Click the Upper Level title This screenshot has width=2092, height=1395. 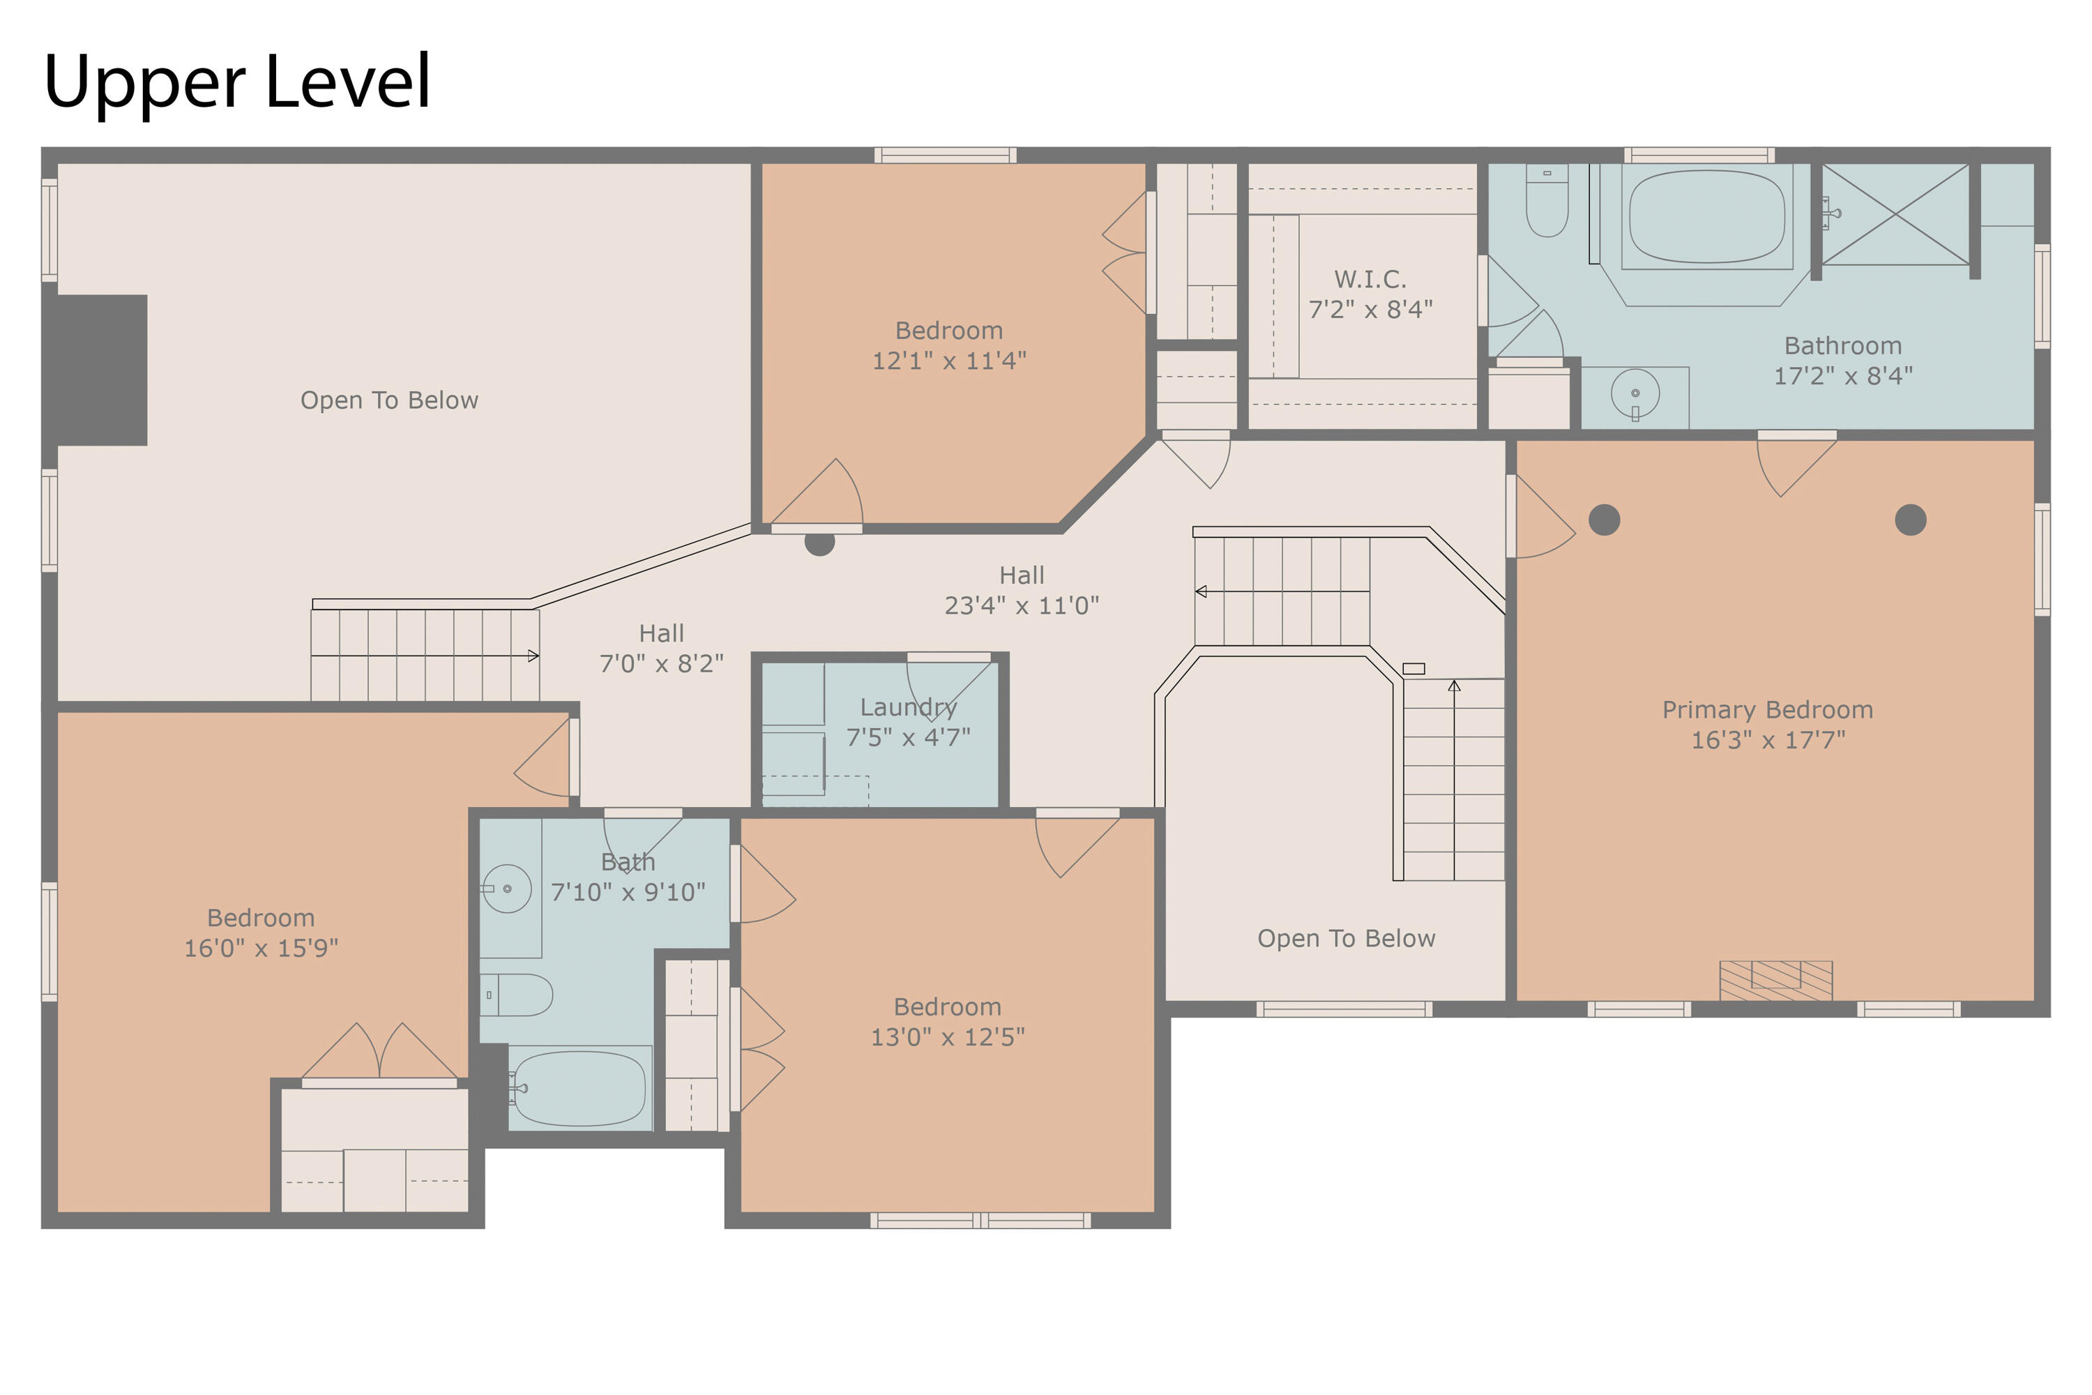click(236, 82)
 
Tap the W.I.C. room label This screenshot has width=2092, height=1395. click(1371, 280)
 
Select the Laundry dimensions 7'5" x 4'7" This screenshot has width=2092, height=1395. click(908, 737)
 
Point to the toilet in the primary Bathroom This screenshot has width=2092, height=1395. click(1547, 200)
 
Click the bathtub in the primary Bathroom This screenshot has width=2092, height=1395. click(1707, 217)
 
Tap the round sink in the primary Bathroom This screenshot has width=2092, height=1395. click(1635, 393)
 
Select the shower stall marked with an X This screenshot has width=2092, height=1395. click(1895, 214)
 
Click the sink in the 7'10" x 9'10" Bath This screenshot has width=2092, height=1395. click(507, 889)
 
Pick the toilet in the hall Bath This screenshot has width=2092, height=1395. click(517, 995)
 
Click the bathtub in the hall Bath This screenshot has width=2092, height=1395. click(580, 1088)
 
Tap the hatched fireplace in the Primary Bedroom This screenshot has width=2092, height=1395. click(1775, 981)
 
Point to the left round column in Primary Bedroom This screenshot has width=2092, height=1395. click(1604, 520)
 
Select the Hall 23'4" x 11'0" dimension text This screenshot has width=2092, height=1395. click(1021, 605)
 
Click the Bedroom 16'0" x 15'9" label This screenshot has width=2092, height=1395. click(261, 933)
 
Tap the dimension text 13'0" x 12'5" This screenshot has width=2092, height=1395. click(947, 1036)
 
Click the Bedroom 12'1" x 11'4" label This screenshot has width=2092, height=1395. click(949, 345)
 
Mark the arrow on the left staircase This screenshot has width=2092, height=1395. click(425, 656)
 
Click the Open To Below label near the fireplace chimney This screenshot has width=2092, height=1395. click(388, 400)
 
